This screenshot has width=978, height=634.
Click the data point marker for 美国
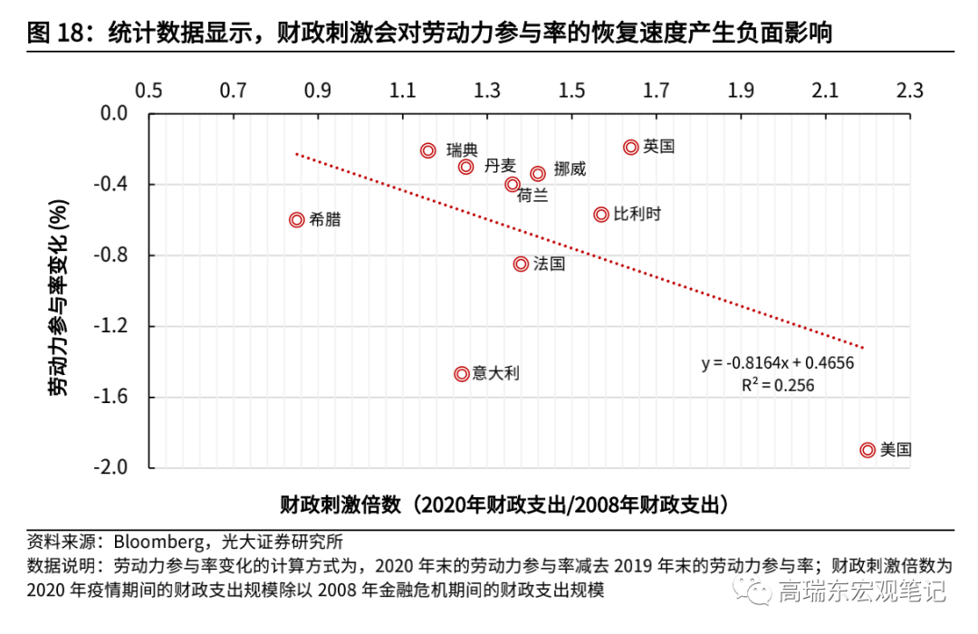pyautogui.click(x=868, y=450)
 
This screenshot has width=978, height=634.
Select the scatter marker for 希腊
pyautogui.click(x=296, y=219)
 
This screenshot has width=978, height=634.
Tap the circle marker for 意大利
pyautogui.click(x=462, y=373)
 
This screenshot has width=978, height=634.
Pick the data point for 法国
pyautogui.click(x=521, y=264)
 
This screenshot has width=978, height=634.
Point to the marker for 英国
pyautogui.click(x=631, y=147)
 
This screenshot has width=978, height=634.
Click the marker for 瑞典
pyautogui.click(x=428, y=150)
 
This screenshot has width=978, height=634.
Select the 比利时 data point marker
pyautogui.click(x=601, y=215)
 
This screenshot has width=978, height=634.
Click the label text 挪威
pyautogui.click(x=570, y=169)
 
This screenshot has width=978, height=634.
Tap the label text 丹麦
pyautogui.click(x=500, y=165)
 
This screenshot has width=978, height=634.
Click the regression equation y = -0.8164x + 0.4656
pyautogui.click(x=778, y=363)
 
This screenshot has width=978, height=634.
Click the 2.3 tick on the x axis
pyautogui.click(x=909, y=91)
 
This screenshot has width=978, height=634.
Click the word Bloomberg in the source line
pyautogui.click(x=158, y=543)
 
